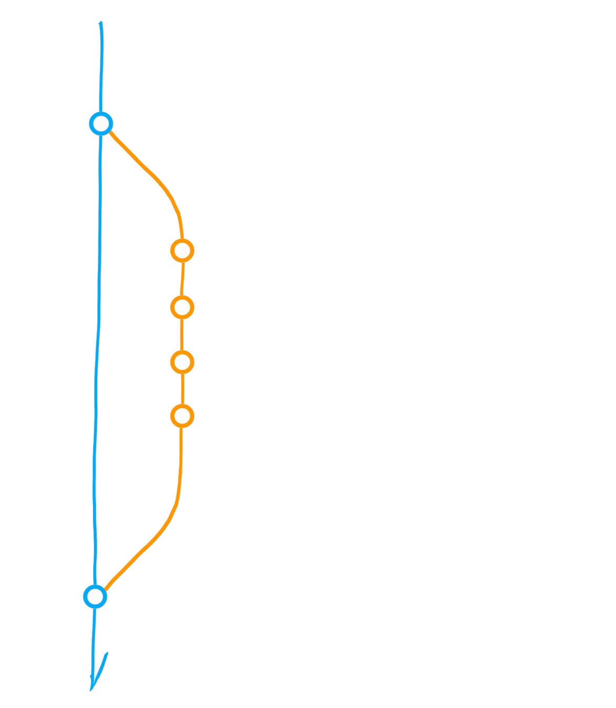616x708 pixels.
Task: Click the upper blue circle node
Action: point(100,124)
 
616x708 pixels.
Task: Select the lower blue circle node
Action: point(95,596)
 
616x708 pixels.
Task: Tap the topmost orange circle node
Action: point(182,251)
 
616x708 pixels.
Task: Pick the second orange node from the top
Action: point(182,307)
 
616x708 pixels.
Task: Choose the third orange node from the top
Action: point(182,362)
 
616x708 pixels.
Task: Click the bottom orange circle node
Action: point(182,416)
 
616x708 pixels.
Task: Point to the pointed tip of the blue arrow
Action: point(91,690)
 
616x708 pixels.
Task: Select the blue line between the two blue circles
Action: point(98,357)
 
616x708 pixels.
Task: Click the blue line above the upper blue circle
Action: point(100,68)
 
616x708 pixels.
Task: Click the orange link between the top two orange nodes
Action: point(182,279)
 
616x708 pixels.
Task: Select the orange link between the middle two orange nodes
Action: point(182,335)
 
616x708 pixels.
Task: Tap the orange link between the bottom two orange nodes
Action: point(182,389)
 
